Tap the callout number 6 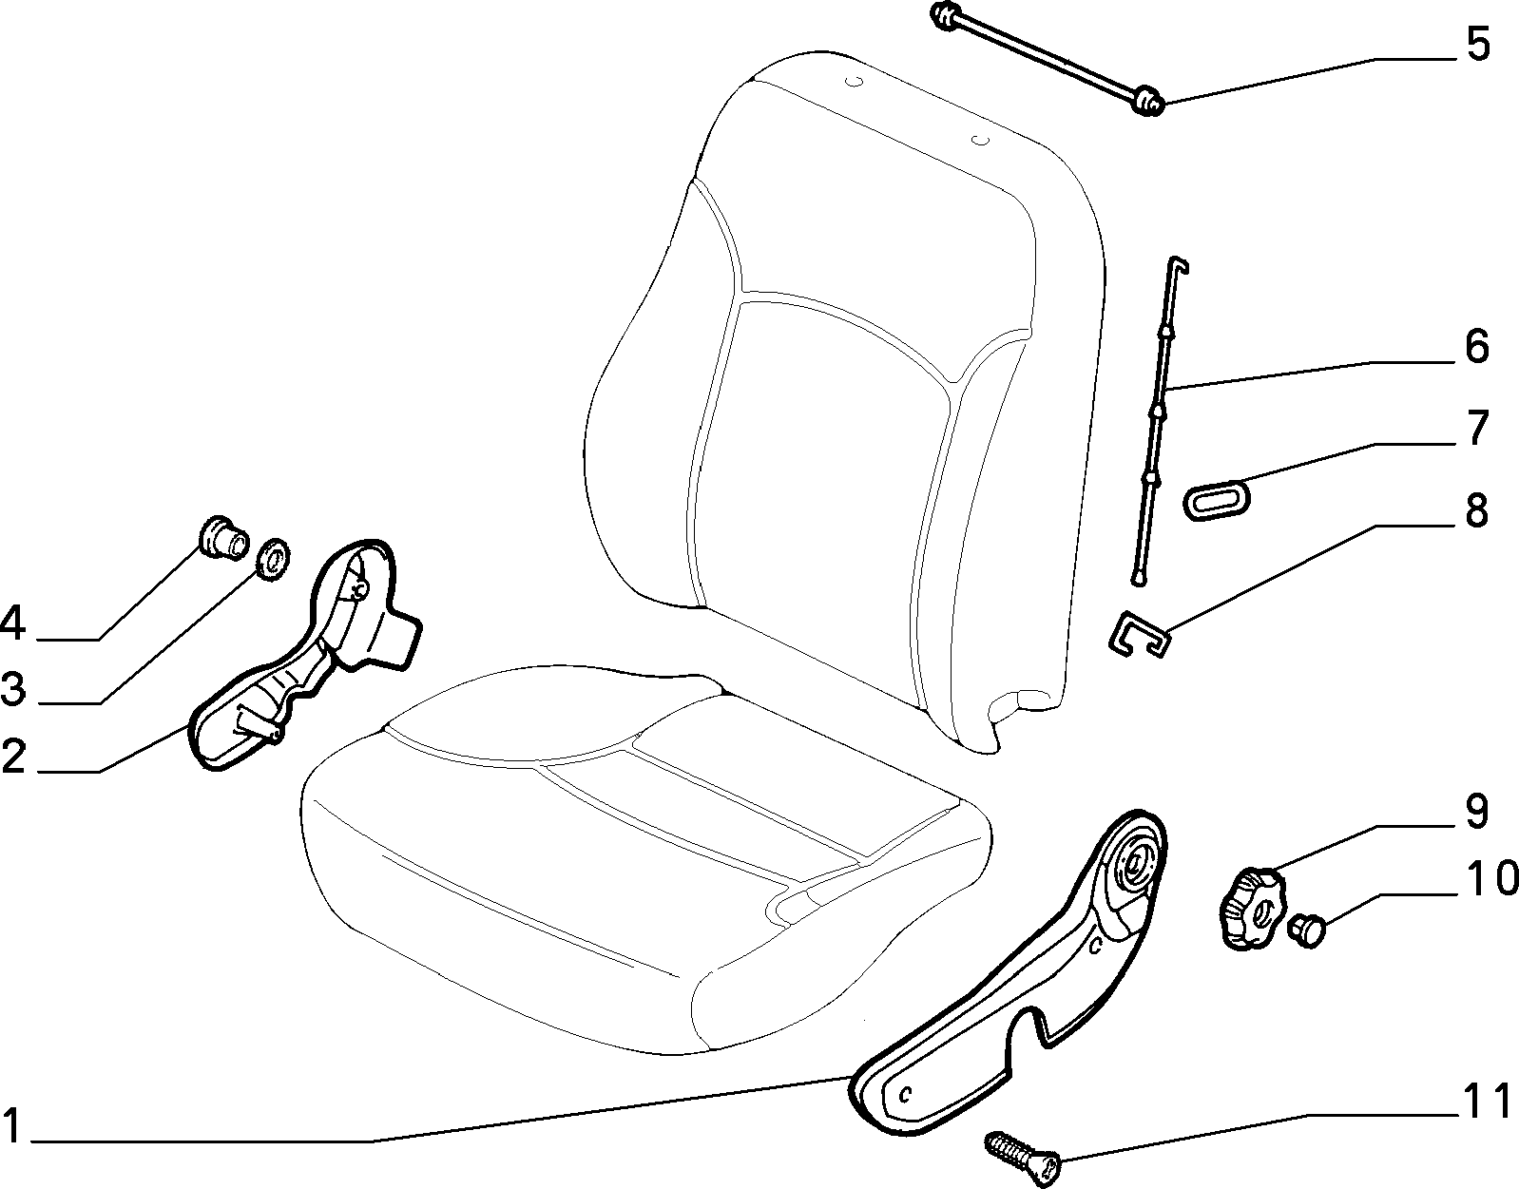[x=1476, y=346]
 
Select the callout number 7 [x=1476, y=428]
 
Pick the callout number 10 [x=1491, y=878]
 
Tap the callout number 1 [x=13, y=1124]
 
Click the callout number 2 [x=13, y=755]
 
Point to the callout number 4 [x=13, y=623]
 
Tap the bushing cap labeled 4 [x=223, y=536]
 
